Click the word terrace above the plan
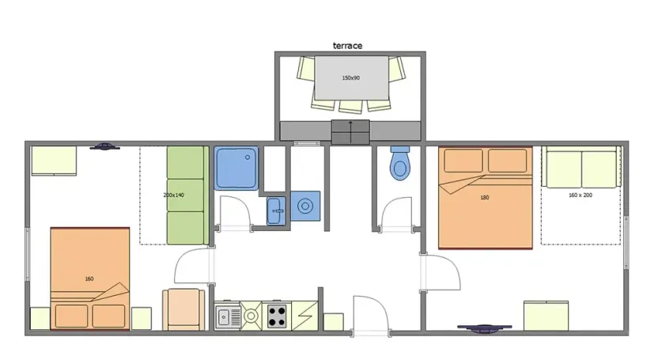point(347,46)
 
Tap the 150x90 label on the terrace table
point(350,78)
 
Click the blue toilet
point(400,164)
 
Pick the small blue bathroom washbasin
point(275,210)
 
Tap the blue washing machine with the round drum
point(305,207)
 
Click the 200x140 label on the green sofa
point(174,195)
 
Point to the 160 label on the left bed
point(89,279)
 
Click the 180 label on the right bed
point(484,197)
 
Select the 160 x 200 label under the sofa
point(580,195)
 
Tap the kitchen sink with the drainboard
point(230,316)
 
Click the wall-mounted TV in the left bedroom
point(104,146)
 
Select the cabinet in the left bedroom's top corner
point(54,161)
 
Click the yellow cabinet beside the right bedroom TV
point(546,316)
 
